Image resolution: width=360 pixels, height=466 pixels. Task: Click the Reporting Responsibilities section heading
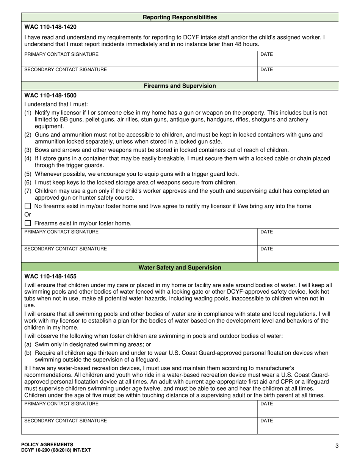tap(180, 17)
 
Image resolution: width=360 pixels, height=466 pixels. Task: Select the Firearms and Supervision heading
tap(180, 86)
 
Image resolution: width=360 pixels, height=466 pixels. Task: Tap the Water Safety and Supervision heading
tap(180, 267)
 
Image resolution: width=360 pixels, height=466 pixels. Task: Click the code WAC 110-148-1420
tap(50, 27)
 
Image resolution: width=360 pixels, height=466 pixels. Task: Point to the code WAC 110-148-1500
tap(50, 95)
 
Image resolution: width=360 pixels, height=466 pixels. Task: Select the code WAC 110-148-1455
tap(50, 277)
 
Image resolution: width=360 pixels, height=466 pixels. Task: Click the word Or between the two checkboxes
tap(28, 215)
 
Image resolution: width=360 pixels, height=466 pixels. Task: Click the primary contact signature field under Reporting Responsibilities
tap(139, 58)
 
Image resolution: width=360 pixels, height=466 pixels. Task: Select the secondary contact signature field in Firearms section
tap(139, 253)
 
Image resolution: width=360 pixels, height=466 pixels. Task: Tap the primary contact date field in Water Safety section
tap(298, 409)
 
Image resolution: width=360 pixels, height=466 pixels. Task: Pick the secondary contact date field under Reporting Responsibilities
tap(298, 74)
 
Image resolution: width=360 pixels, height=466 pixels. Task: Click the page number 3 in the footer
tap(337, 446)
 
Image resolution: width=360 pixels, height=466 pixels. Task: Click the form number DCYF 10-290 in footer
tap(56, 450)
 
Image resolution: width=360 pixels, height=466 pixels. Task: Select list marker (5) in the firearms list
tap(28, 174)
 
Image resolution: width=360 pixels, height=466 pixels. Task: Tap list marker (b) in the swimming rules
tap(28, 353)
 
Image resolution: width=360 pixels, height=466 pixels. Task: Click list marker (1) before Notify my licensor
tap(28, 113)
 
